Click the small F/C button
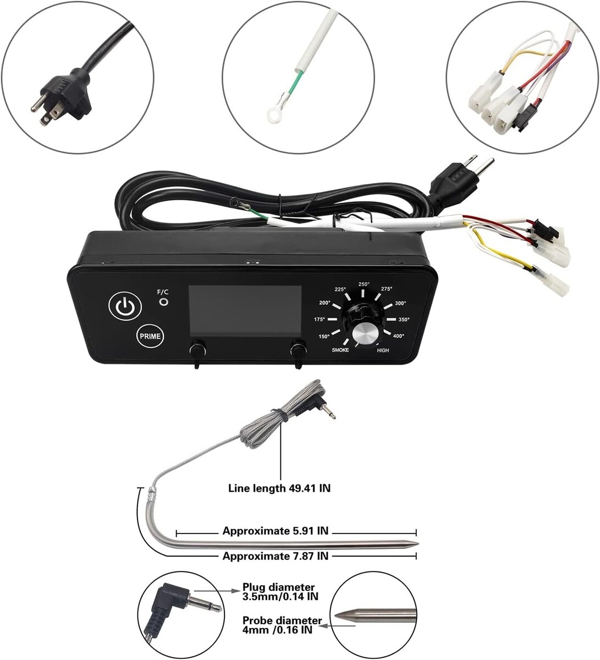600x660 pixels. [x=163, y=302]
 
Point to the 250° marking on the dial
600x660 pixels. [x=364, y=284]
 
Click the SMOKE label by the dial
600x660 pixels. [x=340, y=350]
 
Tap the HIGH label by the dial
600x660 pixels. [x=383, y=350]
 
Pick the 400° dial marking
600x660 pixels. [x=398, y=335]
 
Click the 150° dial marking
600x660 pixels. [x=324, y=336]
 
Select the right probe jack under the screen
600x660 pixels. [x=299, y=349]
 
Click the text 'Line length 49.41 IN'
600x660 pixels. [x=279, y=488]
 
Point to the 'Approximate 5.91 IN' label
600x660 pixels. [x=276, y=531]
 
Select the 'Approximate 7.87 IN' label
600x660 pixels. [x=276, y=556]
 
